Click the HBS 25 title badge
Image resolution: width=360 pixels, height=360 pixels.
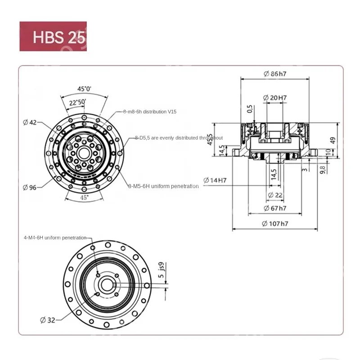[x=53, y=36]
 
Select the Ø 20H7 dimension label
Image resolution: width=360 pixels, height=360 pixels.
[x=275, y=98]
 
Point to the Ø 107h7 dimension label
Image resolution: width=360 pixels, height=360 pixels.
[x=275, y=224]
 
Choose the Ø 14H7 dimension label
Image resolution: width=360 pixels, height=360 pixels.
[x=215, y=180]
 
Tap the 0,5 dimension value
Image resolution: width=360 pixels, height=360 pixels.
[x=250, y=109]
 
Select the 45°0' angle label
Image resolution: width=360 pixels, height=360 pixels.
[x=84, y=89]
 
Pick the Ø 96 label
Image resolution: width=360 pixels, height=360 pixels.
[x=30, y=187]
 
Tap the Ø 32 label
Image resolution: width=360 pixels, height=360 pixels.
[x=47, y=320]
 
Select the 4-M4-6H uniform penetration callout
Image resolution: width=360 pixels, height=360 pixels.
[x=55, y=238]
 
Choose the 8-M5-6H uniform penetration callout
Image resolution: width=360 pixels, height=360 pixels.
[x=163, y=186]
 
